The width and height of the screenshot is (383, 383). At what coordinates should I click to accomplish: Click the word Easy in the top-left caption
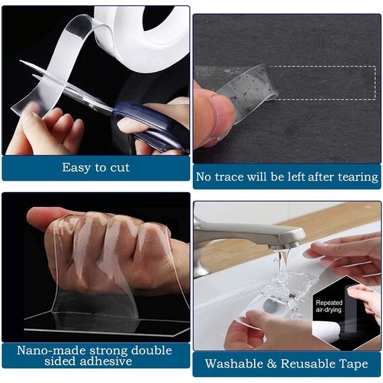pos(76,167)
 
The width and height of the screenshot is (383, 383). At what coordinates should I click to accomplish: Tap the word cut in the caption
pos(117,167)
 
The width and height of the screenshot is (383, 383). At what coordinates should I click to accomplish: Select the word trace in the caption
pos(235,177)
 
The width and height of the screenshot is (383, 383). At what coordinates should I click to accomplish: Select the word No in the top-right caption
pos(204,177)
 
